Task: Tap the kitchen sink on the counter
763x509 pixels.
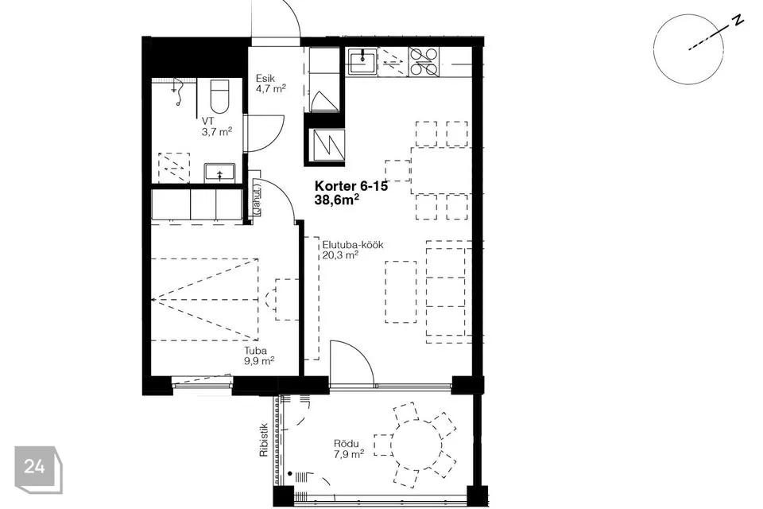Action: coord(362,61)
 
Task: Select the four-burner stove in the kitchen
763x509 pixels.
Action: coord(424,62)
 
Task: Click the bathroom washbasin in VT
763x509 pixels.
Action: coord(219,173)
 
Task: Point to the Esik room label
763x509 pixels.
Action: coord(265,79)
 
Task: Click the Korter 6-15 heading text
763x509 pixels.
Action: coord(351,186)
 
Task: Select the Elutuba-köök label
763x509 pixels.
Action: coord(353,244)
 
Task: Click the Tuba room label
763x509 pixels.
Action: coord(255,351)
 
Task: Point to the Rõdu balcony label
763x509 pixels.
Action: coord(346,444)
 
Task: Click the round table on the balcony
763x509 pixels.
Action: coord(416,445)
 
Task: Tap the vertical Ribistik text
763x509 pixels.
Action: coord(264,439)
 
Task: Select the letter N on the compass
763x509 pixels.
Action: coord(738,20)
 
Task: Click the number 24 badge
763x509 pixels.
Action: coord(34,467)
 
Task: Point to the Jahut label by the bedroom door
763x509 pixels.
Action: coord(257,198)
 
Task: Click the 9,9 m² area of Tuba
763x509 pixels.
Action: coord(259,361)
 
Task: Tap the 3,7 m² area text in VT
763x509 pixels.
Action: coord(217,131)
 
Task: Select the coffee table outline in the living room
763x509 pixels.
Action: coord(401,292)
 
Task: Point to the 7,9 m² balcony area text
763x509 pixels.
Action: coord(348,454)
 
